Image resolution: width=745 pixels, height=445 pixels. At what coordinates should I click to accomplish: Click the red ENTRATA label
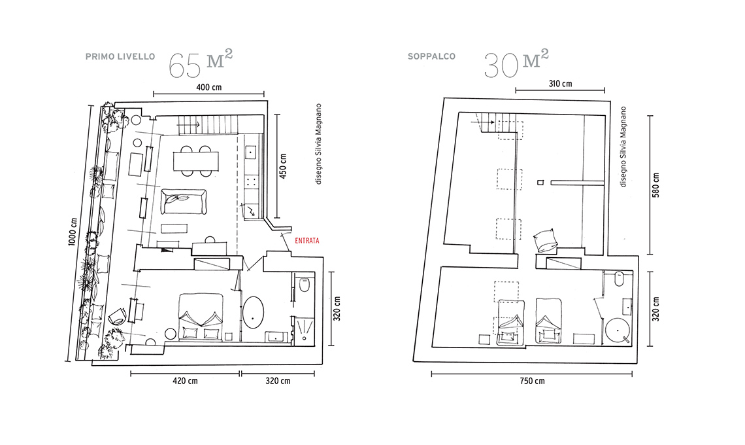[x=307, y=241]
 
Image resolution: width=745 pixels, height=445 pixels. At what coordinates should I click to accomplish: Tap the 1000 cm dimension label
[x=73, y=232]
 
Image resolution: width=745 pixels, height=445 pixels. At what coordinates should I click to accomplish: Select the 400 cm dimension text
[x=209, y=88]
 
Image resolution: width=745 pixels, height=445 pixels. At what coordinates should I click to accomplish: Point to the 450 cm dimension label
[x=283, y=166]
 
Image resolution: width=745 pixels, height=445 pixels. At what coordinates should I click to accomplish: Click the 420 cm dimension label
[x=185, y=381]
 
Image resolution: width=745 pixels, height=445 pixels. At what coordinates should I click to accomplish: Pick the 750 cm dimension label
[x=532, y=381]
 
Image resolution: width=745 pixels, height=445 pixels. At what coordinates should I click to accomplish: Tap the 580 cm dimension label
[x=656, y=185]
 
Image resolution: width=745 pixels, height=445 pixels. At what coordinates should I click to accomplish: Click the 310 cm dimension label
[x=561, y=84]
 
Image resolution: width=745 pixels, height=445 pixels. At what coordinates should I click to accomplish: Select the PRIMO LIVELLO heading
[x=120, y=57]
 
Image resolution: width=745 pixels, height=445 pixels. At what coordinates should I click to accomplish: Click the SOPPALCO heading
[x=431, y=56]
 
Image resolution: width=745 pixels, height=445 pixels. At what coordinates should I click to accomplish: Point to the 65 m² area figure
[x=201, y=63]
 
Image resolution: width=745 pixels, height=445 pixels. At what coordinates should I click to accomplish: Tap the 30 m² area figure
[x=516, y=63]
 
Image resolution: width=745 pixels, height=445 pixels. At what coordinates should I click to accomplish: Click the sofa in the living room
[x=184, y=202]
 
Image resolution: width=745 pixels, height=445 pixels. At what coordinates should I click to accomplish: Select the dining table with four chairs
[x=196, y=161]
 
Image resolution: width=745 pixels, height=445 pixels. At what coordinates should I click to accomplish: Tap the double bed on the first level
[x=201, y=317]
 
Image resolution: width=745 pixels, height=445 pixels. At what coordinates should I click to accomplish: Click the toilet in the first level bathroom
[x=304, y=285]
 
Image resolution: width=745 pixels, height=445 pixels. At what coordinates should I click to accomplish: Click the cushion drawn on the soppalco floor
[x=546, y=240]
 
